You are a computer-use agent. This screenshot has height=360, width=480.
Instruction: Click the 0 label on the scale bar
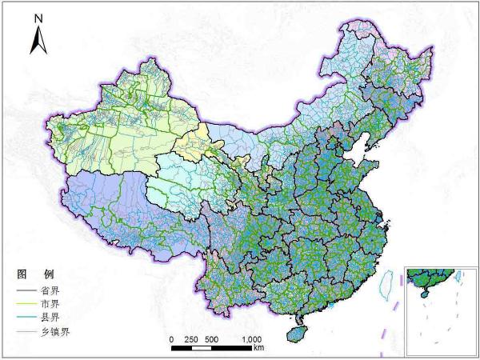[171, 339]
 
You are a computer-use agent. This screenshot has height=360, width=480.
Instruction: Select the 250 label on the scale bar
[191, 339]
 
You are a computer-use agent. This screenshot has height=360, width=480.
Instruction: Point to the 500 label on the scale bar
[213, 339]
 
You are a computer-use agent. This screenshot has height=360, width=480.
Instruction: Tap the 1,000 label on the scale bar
[253, 339]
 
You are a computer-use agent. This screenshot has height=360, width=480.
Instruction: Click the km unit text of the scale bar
[258, 349]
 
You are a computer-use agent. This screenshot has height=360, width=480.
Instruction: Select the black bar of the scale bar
[212, 347]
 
